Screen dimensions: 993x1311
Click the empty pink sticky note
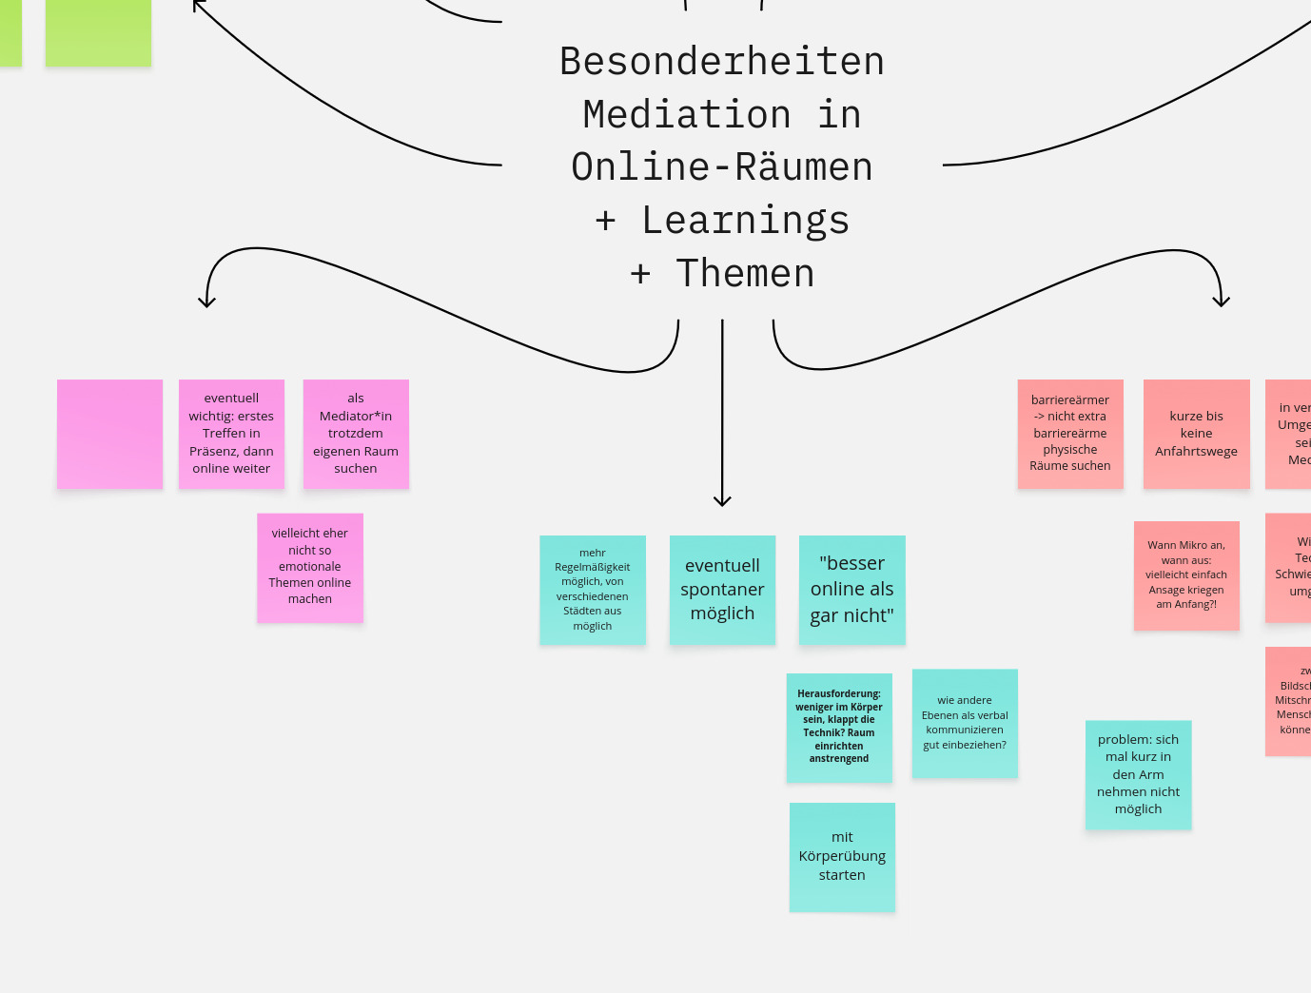click(109, 434)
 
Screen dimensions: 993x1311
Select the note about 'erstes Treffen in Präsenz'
click(231, 434)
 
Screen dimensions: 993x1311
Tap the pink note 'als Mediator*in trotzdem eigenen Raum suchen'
click(356, 434)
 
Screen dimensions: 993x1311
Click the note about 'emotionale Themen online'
click(310, 568)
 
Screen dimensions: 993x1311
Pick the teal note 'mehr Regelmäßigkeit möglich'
click(593, 590)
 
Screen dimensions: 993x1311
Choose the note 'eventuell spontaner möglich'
click(722, 590)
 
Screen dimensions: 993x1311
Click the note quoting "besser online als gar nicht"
click(851, 590)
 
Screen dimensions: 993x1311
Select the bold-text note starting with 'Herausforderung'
click(839, 728)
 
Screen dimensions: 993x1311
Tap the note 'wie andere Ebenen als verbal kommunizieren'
click(965, 723)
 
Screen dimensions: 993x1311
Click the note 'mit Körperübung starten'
click(842, 857)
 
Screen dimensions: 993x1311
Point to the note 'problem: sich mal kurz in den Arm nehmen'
click(1138, 774)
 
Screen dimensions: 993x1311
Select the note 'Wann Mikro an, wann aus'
click(1186, 575)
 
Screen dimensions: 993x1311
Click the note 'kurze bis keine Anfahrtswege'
click(1196, 434)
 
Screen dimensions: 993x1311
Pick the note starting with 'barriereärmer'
click(1070, 434)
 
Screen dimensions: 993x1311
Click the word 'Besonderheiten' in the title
click(722, 62)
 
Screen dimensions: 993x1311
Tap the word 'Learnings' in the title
click(745, 221)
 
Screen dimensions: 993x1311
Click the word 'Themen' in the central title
click(745, 274)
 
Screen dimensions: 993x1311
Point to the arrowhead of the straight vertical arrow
click(722, 501)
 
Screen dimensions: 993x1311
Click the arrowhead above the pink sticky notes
click(206, 302)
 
